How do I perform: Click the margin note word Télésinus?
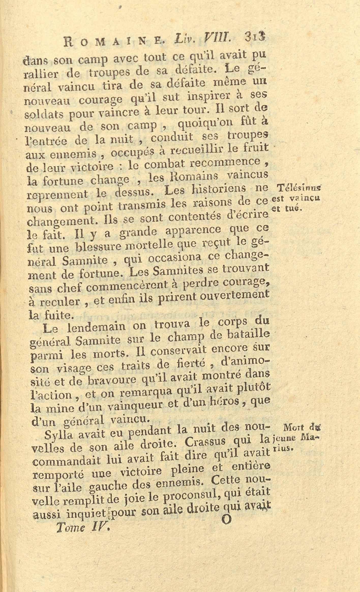(298, 188)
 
